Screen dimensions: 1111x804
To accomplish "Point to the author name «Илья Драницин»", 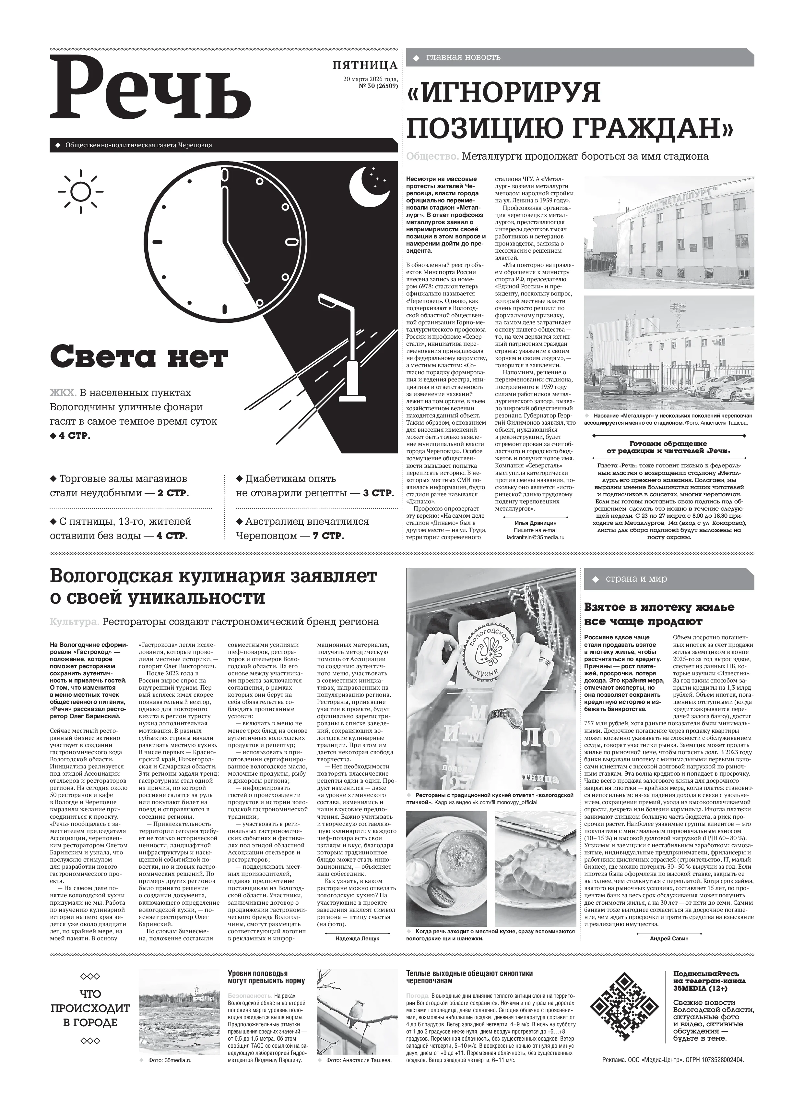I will (x=536, y=523).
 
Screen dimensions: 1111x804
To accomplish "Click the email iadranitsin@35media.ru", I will (x=536, y=537).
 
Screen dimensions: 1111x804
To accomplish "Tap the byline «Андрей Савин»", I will (x=669, y=938).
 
